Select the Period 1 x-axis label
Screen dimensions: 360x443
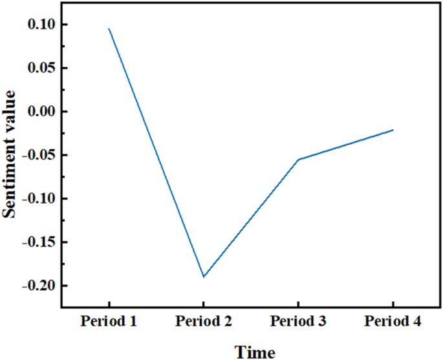(x=108, y=322)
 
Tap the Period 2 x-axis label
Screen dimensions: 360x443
(x=203, y=322)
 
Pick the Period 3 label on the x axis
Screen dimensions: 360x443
(x=297, y=322)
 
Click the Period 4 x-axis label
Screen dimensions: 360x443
(x=393, y=322)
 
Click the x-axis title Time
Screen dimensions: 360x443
(x=254, y=352)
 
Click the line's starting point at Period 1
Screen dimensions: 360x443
(x=109, y=28)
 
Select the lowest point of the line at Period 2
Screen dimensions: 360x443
(x=203, y=277)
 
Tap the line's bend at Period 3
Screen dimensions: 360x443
(x=298, y=160)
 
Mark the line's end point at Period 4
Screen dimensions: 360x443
(x=393, y=130)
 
